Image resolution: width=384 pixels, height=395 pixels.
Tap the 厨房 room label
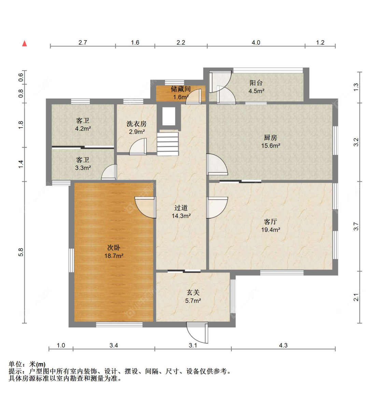click(x=270, y=137)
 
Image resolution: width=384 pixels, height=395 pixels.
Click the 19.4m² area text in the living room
click(x=271, y=230)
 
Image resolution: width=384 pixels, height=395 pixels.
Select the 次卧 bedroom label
click(x=114, y=248)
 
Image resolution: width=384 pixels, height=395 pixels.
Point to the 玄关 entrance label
click(x=193, y=292)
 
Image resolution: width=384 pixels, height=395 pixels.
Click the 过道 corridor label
click(x=181, y=208)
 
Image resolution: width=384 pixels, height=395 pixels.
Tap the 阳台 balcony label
click(x=256, y=83)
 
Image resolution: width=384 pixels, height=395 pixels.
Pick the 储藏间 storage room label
click(x=181, y=89)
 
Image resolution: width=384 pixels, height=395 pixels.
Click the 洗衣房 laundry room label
click(x=137, y=124)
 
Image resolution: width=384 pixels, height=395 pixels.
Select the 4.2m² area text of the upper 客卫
click(x=83, y=129)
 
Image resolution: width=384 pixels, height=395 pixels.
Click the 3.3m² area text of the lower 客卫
click(x=83, y=168)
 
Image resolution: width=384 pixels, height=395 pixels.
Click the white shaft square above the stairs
click(x=169, y=116)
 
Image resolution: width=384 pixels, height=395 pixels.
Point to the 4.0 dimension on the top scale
click(x=256, y=43)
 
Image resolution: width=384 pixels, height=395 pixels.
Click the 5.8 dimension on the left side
click(x=21, y=252)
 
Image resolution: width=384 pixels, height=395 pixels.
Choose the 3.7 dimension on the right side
click(x=356, y=226)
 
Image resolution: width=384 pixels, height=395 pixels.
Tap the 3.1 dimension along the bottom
click(x=193, y=346)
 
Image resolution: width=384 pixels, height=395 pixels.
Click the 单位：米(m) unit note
click(x=27, y=364)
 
